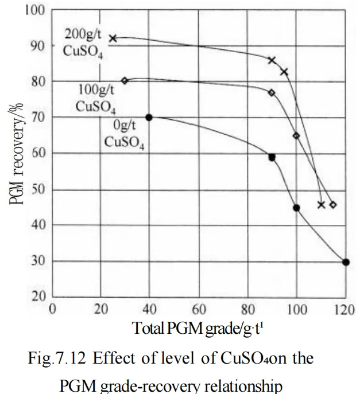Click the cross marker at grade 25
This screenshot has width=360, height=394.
point(113,38)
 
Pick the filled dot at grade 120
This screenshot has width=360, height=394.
point(346,262)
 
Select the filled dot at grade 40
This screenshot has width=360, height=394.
point(149,117)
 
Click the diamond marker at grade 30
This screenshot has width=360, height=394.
point(125,80)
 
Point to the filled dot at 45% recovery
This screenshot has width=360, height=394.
point(296,208)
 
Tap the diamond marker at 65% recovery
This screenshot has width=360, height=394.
point(296,135)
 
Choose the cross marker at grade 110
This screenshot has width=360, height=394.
point(321,204)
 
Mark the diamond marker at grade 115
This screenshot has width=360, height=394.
point(333,205)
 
